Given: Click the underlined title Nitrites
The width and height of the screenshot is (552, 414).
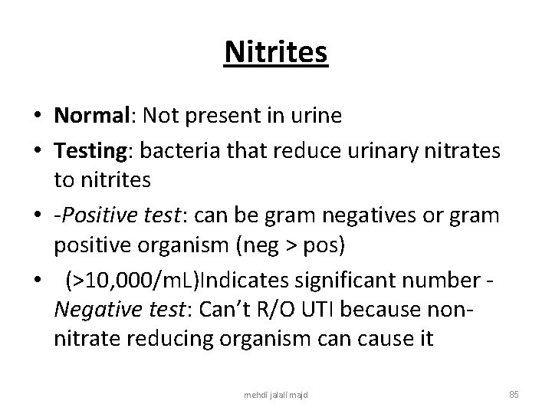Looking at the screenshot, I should point(276,53).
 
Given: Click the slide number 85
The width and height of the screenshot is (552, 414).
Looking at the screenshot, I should point(514,394).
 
